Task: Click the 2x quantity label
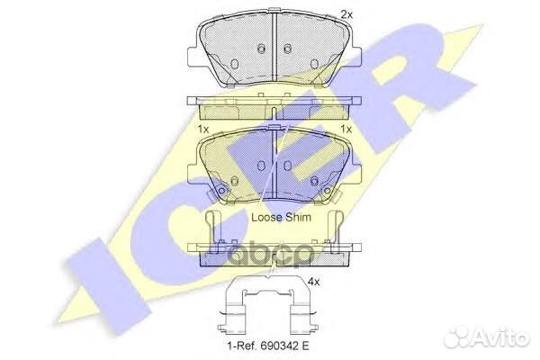point(346,14)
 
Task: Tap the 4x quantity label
point(314,282)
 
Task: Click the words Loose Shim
point(281,218)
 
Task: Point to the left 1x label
point(203,130)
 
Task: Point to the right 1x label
point(346,130)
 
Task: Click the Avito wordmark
point(500,338)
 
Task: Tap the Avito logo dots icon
point(456,338)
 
